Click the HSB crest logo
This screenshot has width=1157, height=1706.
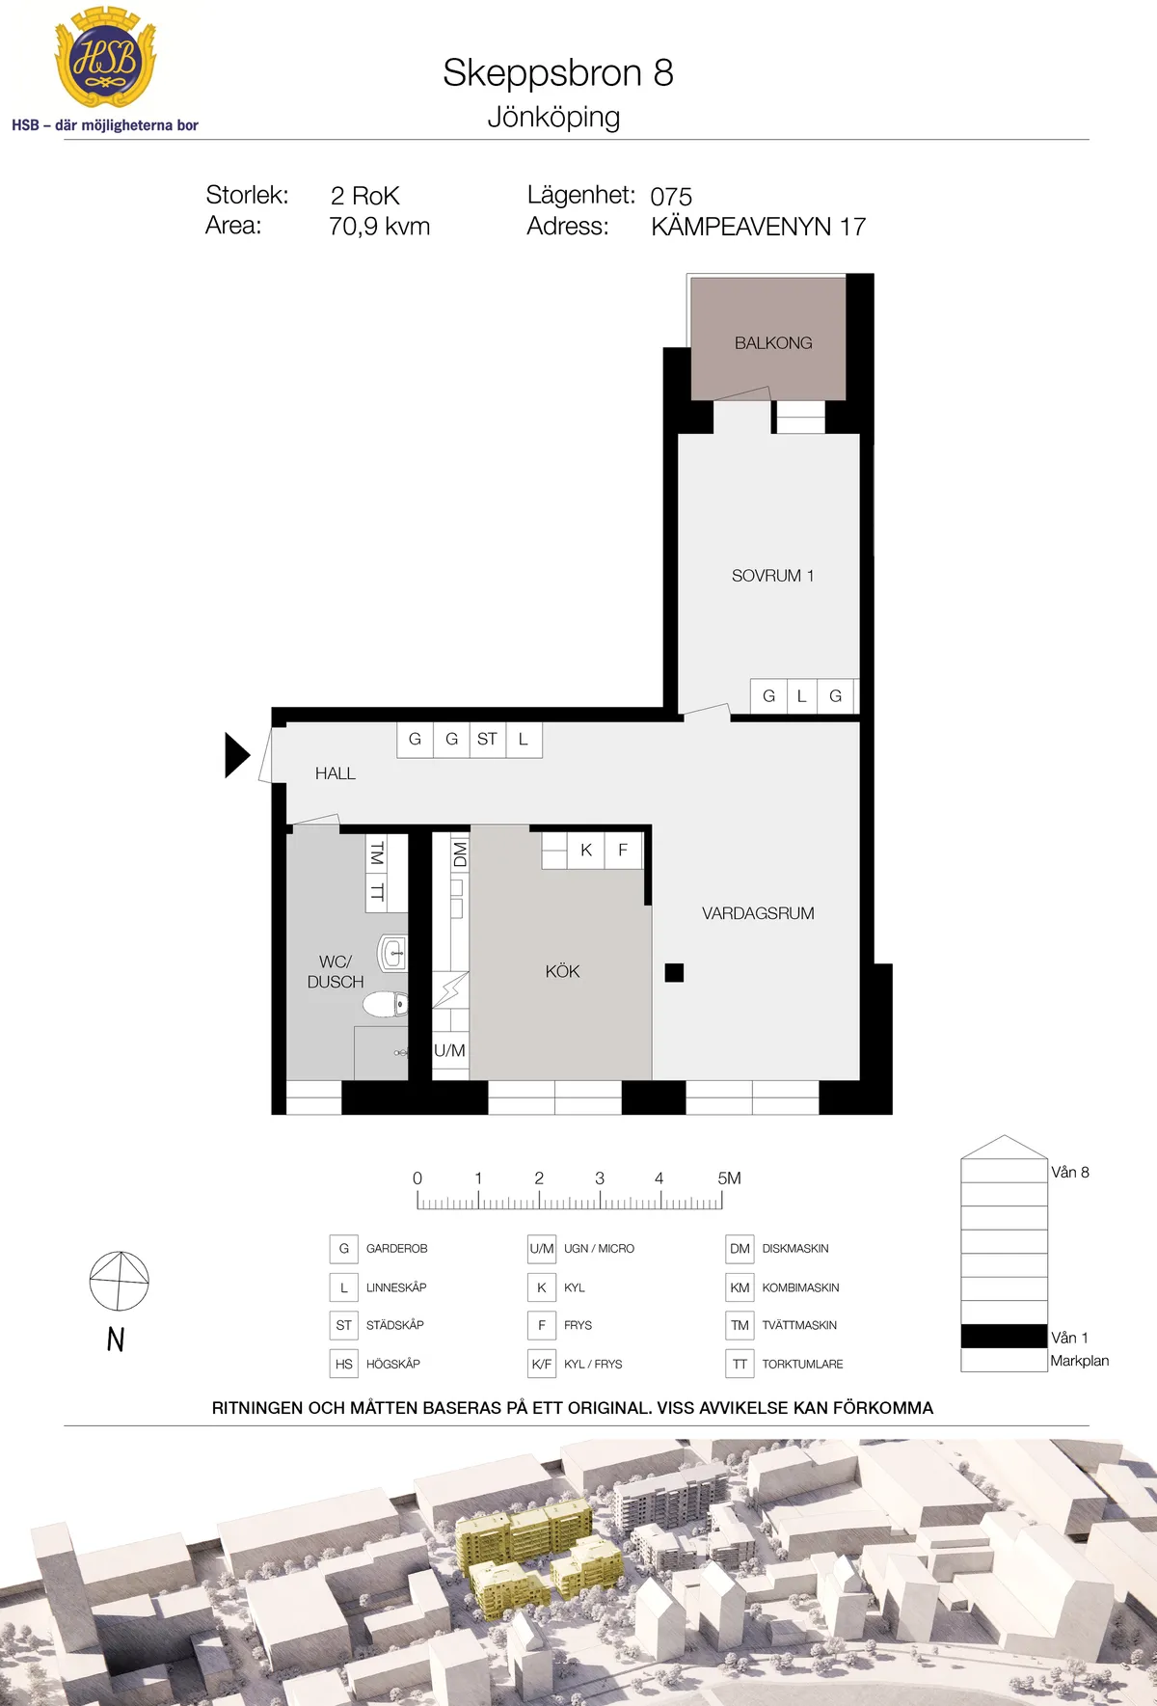[x=105, y=59]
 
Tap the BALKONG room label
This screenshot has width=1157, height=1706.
[x=773, y=343]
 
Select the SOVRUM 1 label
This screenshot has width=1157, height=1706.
[x=772, y=576]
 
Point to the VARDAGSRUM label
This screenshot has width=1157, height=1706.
[x=758, y=913]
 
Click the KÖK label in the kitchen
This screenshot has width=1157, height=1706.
[x=562, y=971]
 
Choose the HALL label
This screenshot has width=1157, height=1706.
[x=335, y=773]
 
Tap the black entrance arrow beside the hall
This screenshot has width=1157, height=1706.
[x=237, y=755]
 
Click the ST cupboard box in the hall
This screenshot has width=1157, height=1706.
[x=487, y=740]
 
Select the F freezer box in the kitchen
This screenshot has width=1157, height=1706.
[x=623, y=851]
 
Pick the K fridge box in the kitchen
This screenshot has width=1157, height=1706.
[x=586, y=851]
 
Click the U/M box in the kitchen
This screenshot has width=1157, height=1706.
[x=449, y=1051]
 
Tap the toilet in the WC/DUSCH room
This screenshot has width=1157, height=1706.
[x=385, y=1004]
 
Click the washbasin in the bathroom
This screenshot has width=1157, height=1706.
[x=392, y=955]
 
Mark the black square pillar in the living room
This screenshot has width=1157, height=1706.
[x=675, y=973]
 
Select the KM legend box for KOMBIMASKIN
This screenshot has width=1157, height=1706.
[x=740, y=1287]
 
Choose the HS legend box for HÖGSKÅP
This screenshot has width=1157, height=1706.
[x=344, y=1364]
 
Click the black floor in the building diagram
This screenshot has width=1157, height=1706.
[x=1004, y=1336]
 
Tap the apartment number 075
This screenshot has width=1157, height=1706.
[x=671, y=197]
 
